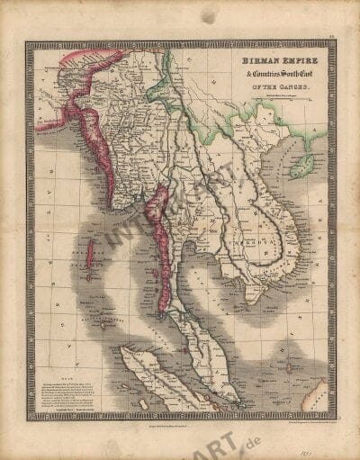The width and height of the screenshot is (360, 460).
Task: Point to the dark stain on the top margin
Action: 209,16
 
